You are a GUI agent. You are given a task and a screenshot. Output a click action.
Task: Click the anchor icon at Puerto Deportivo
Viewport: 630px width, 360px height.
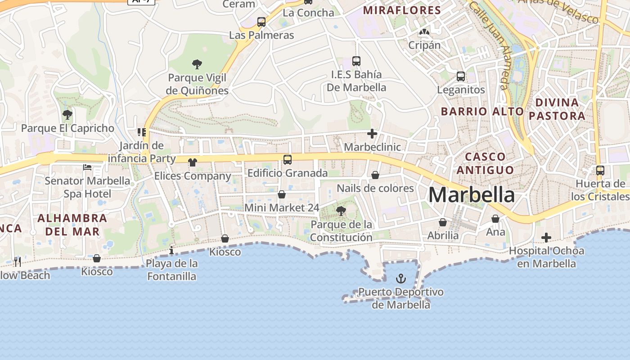(x=400, y=279)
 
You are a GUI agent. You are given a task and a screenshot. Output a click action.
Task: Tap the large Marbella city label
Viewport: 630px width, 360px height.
(x=472, y=195)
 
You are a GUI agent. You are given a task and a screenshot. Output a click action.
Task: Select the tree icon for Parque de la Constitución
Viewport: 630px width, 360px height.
(x=341, y=211)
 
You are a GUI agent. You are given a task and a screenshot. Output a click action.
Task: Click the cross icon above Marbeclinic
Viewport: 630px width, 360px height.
(x=372, y=134)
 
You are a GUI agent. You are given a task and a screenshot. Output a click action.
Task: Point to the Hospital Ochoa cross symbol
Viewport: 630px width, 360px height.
(x=546, y=238)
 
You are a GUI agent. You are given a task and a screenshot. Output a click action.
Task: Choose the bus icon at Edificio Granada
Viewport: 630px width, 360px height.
(x=288, y=159)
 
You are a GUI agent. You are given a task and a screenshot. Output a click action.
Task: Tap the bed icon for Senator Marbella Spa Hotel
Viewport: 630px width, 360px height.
(x=87, y=167)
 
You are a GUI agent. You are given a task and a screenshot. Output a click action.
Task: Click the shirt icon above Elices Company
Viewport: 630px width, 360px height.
(x=193, y=162)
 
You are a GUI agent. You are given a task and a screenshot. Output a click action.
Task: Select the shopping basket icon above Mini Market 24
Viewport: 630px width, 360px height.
(x=282, y=194)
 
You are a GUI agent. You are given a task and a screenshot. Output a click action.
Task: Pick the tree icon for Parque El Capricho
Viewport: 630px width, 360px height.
(x=67, y=115)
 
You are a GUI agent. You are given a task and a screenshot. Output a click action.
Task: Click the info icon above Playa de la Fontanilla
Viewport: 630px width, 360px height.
(x=171, y=250)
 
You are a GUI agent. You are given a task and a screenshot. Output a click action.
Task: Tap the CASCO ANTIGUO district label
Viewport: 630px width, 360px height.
(x=485, y=163)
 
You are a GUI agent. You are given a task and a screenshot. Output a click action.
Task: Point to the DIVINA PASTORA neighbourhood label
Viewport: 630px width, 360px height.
(x=557, y=109)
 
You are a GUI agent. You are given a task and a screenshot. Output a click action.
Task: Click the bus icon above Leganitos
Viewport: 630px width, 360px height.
(x=461, y=76)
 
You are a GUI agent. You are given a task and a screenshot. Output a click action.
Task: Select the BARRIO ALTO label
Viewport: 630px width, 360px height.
(x=482, y=111)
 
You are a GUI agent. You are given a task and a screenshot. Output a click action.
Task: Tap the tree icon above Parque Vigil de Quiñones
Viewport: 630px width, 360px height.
(x=197, y=64)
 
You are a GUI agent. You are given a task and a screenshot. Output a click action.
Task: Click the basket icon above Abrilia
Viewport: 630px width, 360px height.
(x=443, y=222)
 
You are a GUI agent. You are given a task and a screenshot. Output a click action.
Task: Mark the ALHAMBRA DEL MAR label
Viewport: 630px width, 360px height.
(x=72, y=225)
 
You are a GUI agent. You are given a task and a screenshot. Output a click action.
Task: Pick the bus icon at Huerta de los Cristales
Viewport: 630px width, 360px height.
(x=600, y=171)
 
